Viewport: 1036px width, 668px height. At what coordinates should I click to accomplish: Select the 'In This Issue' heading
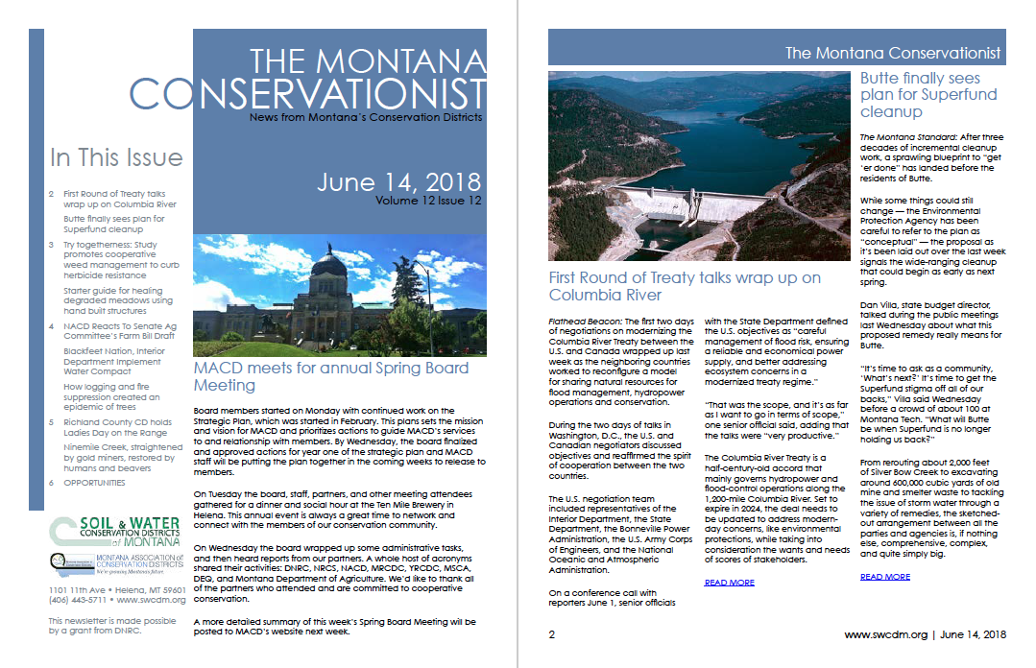(x=116, y=157)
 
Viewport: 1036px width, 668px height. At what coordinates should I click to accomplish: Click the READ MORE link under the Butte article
(x=884, y=577)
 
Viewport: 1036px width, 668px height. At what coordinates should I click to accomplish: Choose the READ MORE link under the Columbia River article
(x=729, y=583)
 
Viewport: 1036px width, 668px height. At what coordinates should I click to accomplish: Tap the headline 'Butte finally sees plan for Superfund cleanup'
(x=920, y=94)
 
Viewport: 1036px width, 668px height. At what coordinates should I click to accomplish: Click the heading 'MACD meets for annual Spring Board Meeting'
(x=330, y=376)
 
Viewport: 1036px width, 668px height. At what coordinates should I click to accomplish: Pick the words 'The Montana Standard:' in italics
(x=903, y=138)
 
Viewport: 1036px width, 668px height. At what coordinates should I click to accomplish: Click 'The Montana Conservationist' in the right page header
(x=893, y=54)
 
